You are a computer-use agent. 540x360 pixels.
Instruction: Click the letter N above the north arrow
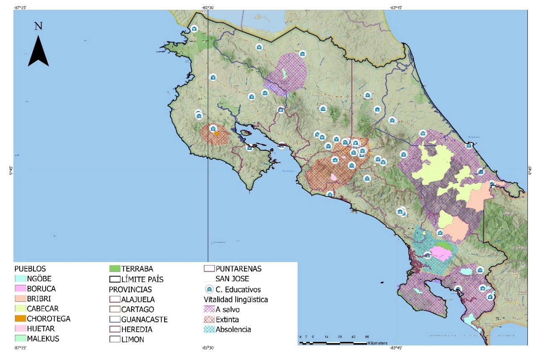pyautogui.click(x=38, y=26)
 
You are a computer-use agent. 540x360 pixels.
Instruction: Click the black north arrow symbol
pyautogui.click(x=38, y=51)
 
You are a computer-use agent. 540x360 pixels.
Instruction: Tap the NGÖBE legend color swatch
pyautogui.click(x=21, y=278)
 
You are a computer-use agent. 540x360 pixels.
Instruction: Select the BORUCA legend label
pyautogui.click(x=41, y=288)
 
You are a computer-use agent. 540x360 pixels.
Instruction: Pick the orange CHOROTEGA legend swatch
pyautogui.click(x=21, y=319)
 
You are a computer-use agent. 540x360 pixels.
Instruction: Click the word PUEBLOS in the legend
pyautogui.click(x=30, y=268)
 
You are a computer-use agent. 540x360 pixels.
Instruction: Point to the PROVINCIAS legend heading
pyautogui.click(x=130, y=289)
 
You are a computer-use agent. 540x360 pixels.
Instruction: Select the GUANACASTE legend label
pyautogui.click(x=144, y=319)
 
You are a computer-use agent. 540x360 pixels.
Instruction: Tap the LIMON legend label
pyautogui.click(x=133, y=339)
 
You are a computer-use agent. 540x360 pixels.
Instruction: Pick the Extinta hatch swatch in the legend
pyautogui.click(x=209, y=319)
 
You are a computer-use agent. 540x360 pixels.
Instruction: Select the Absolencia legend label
pyautogui.click(x=234, y=329)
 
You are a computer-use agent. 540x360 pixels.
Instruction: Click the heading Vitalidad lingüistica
pyautogui.click(x=236, y=299)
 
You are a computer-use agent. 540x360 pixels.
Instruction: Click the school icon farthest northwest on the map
pyautogui.click(x=194, y=28)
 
